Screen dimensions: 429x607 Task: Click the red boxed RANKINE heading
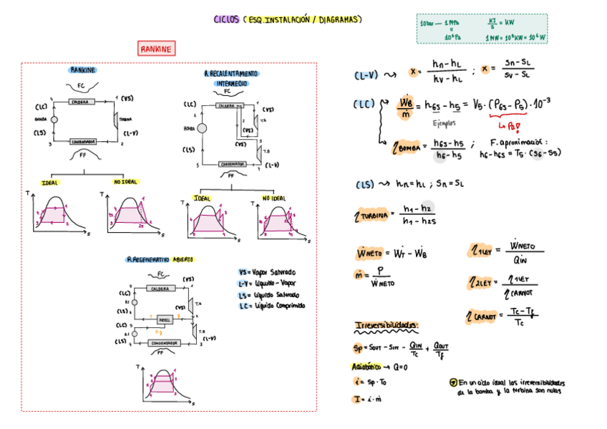156,49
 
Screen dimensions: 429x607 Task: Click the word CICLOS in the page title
227,19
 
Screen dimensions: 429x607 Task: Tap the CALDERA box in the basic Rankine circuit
81,102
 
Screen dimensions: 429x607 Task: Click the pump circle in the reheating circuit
203,129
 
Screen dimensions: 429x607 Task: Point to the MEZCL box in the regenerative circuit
164,321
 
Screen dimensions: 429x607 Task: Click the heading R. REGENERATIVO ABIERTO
160,259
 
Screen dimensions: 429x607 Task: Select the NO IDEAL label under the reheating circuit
273,198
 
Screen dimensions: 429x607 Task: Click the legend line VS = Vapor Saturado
267,272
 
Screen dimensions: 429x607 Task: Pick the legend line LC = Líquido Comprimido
272,305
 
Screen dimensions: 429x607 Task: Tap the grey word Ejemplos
447,122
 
